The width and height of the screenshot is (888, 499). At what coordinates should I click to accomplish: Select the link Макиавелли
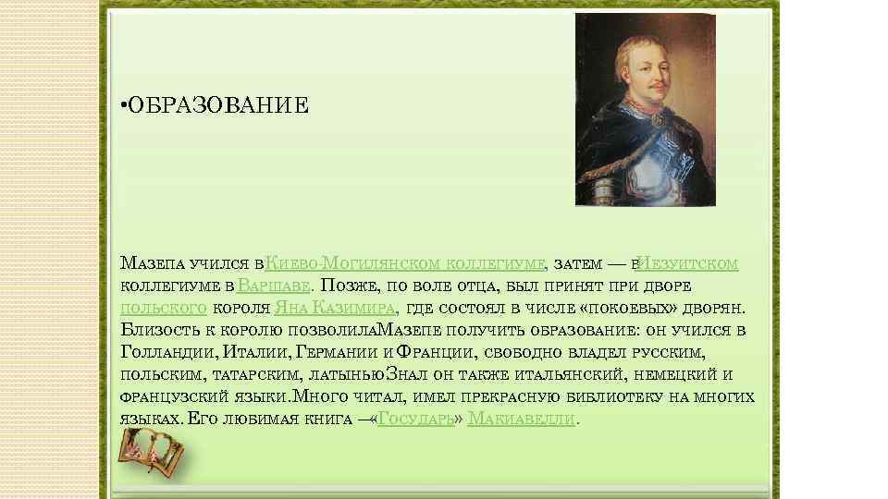[523, 419]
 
